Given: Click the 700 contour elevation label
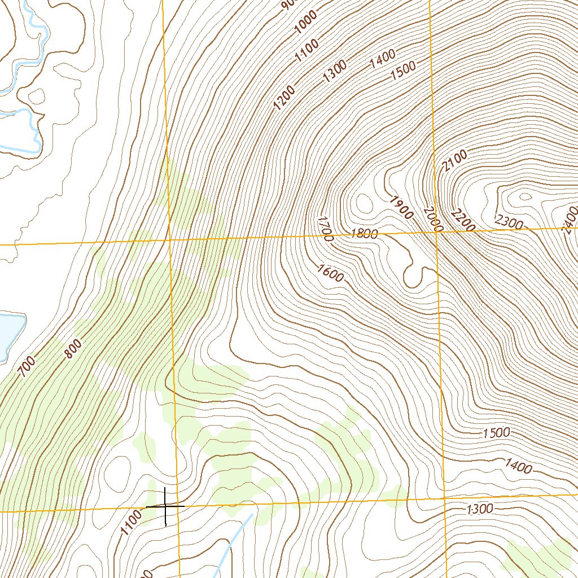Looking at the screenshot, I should (x=27, y=367).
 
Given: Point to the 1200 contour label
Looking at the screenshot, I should (x=284, y=97).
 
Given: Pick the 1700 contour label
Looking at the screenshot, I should (x=326, y=229).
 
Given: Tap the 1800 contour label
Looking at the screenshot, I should (x=364, y=234).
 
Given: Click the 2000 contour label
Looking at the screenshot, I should (x=432, y=218).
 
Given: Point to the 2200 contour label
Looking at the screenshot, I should (x=463, y=220).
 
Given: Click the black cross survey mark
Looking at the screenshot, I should (x=165, y=506).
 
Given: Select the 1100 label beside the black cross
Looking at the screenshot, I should (x=130, y=523).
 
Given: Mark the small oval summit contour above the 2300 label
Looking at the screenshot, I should (x=526, y=196).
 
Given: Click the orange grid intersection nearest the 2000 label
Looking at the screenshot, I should (x=436, y=232).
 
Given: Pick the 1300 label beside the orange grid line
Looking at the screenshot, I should (x=480, y=509).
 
